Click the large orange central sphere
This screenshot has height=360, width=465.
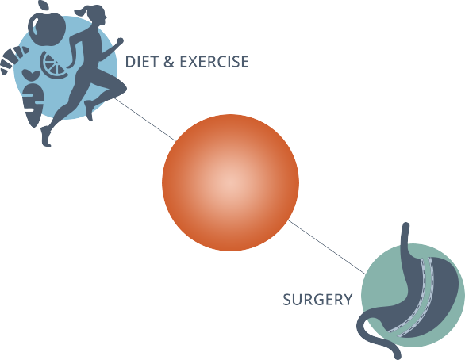click(230, 182)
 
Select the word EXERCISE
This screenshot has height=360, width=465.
click(214, 62)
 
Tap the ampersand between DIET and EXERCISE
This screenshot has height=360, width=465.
click(168, 62)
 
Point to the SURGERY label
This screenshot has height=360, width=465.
click(317, 300)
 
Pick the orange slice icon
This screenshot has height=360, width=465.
click(53, 65)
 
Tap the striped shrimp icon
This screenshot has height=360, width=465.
click(13, 59)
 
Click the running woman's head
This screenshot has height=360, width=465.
click(98, 15)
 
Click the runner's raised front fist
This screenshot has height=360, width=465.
click(120, 40)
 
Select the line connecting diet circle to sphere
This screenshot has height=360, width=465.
click(145, 120)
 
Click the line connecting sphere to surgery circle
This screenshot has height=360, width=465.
click(327, 247)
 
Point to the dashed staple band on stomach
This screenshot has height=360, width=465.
click(418, 299)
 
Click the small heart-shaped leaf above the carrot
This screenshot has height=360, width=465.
click(31, 75)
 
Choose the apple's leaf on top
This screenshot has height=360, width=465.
click(44, 5)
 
